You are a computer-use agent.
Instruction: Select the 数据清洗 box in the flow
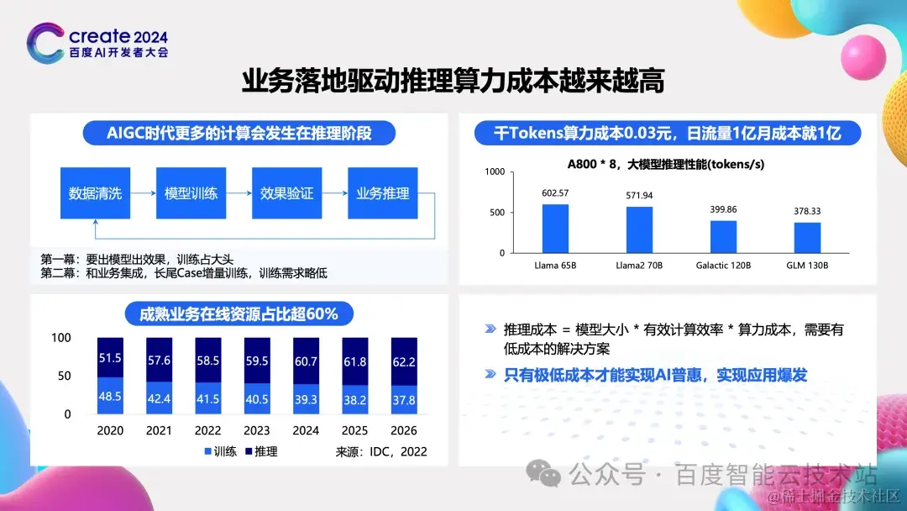96,193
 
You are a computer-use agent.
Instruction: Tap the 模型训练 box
191,193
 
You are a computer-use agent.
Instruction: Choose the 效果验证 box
287,193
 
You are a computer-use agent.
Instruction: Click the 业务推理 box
383,193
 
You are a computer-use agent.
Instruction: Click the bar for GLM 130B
807,237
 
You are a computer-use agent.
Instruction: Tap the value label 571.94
639,195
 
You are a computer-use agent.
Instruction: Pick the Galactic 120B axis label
723,266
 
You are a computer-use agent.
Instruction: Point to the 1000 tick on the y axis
495,171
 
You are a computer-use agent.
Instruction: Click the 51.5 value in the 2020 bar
110,358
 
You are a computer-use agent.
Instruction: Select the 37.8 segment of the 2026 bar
405,400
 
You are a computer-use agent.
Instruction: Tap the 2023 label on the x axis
257,429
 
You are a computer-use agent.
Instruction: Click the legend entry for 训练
220,451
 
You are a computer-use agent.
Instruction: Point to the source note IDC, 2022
382,451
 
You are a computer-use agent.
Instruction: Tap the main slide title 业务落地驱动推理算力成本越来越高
453,82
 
